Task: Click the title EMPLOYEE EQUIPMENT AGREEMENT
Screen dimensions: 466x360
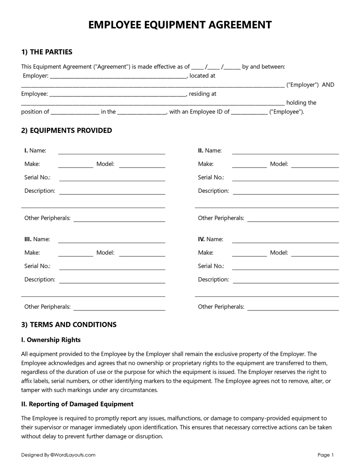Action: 180,25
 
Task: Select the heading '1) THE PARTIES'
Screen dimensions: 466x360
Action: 47,52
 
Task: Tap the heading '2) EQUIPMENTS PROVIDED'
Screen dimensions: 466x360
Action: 66,130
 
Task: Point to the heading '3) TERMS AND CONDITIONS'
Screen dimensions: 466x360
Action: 69,324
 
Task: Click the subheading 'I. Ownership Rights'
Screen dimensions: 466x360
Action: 51,340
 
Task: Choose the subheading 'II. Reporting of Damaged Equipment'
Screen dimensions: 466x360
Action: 77,404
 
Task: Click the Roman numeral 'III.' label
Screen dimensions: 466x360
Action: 28,239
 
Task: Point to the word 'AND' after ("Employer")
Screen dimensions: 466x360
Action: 328,85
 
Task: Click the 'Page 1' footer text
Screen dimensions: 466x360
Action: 326,455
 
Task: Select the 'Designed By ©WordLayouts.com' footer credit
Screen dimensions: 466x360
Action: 58,455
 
